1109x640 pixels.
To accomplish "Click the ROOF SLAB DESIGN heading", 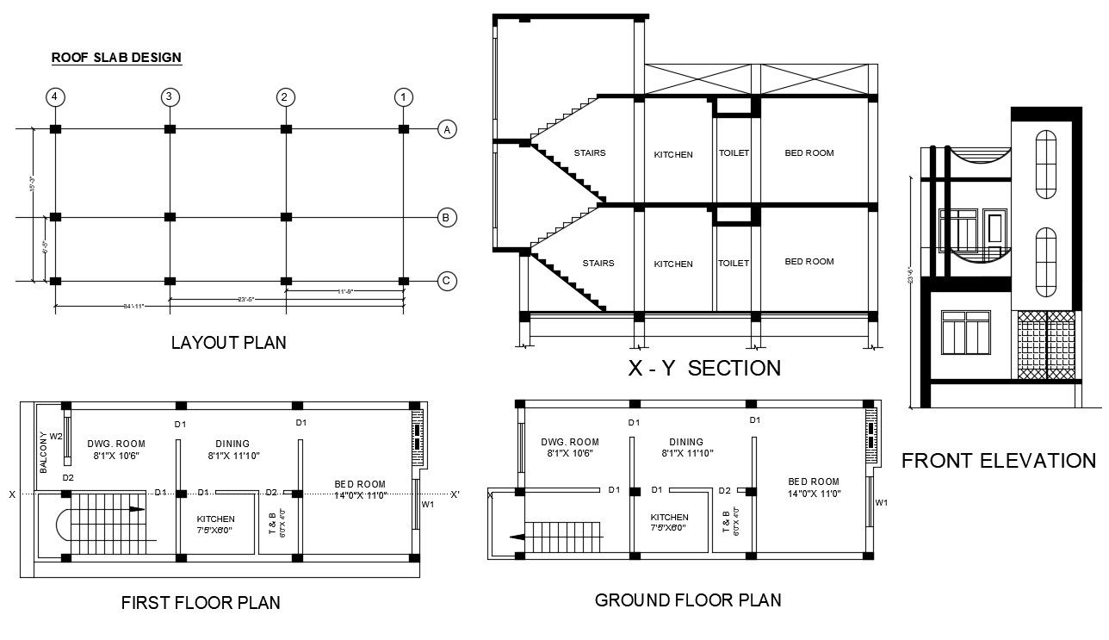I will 116,58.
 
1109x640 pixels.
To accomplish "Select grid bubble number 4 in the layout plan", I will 55,96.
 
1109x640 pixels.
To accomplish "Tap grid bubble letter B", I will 445,218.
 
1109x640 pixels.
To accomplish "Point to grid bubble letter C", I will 445,281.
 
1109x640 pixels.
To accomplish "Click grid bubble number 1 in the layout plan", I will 402,96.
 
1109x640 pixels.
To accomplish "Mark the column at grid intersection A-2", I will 285,129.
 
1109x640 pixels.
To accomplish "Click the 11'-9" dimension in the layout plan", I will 344,292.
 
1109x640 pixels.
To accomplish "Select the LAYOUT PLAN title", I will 228,343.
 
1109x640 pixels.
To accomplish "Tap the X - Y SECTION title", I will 704,369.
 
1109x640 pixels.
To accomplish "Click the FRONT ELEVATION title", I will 998,461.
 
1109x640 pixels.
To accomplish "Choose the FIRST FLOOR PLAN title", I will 201,603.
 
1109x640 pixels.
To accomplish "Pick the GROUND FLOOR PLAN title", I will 688,600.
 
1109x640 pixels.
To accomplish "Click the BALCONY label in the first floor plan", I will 43,451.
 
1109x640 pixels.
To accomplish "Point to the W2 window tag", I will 56,437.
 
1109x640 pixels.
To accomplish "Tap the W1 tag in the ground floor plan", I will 881,502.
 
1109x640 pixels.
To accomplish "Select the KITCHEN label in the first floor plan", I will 215,519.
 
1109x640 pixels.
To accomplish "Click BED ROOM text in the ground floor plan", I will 813,482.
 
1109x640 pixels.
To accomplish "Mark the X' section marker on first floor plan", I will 454,494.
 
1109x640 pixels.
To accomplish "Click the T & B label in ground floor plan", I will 726,522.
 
